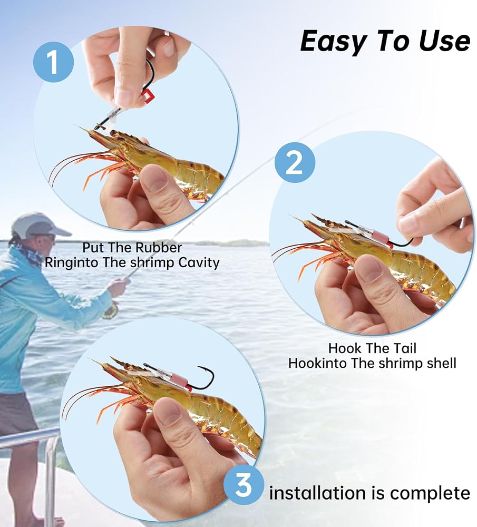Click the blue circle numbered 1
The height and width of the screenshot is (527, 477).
click(53, 62)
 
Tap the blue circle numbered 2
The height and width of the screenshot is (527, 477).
click(295, 163)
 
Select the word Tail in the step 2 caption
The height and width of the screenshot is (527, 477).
click(404, 348)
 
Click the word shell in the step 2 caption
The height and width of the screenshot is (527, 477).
click(441, 363)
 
